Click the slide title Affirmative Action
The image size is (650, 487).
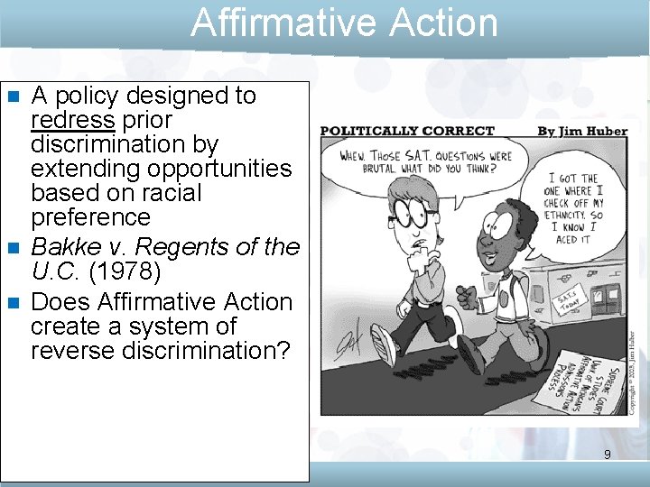(x=344, y=23)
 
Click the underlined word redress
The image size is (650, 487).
(x=73, y=120)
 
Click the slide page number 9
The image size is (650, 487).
(x=608, y=455)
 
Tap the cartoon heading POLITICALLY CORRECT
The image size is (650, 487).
(x=407, y=132)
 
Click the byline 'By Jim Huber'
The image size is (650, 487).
(x=582, y=132)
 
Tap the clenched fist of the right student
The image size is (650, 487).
(x=465, y=294)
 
